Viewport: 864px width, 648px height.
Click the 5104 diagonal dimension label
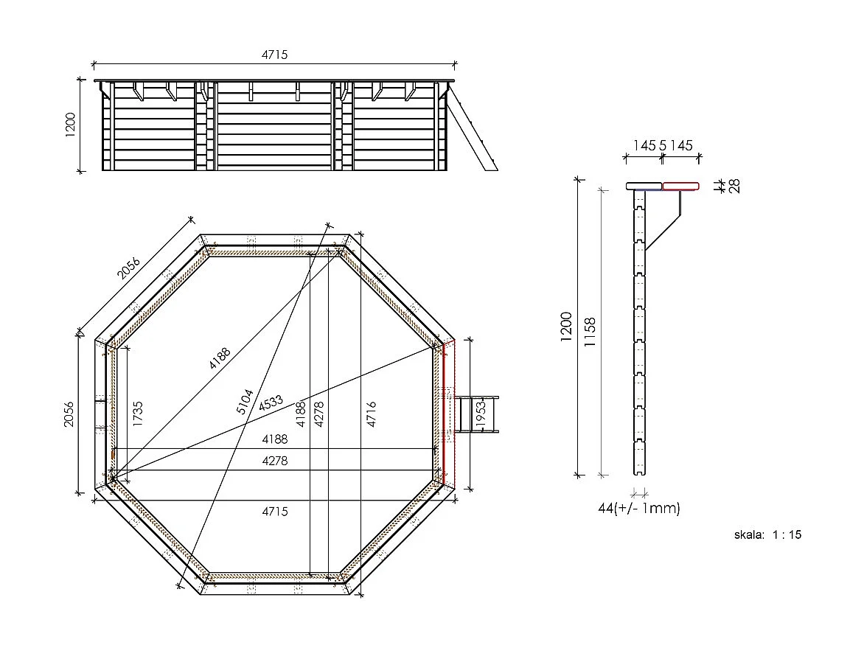(x=246, y=402)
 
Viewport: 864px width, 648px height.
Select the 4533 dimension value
(x=271, y=403)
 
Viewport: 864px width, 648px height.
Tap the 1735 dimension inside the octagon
(x=138, y=414)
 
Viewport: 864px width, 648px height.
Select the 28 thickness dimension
(x=734, y=186)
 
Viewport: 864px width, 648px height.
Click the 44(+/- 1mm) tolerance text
(x=639, y=508)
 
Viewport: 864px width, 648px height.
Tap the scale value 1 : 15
(x=787, y=534)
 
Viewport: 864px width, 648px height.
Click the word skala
(x=749, y=534)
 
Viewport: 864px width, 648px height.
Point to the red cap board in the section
(x=680, y=186)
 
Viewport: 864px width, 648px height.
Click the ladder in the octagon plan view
(x=477, y=414)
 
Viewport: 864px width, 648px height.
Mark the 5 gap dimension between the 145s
(x=662, y=146)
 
